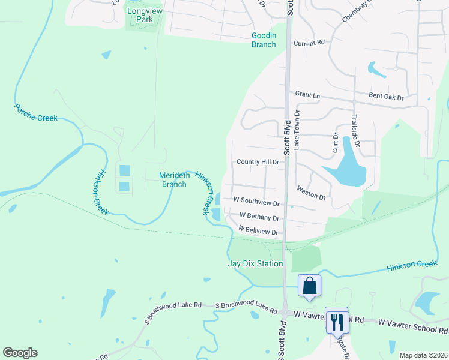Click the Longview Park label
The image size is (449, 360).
coord(140,15)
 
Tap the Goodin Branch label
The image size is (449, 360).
coord(264,40)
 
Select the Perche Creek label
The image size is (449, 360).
coord(35,112)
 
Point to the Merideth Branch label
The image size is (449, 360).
coord(173,179)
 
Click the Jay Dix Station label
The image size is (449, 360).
coord(255,263)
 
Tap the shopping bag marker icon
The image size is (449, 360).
coord(310,287)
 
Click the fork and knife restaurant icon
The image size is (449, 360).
coord(337,322)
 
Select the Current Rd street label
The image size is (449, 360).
coord(309,43)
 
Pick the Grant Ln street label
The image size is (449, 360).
coord(308,94)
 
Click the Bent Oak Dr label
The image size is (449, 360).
coord(385,97)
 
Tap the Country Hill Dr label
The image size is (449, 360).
coord(258,162)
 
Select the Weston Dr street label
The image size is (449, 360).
coord(311,193)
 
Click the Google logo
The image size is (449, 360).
coord(20,353)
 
